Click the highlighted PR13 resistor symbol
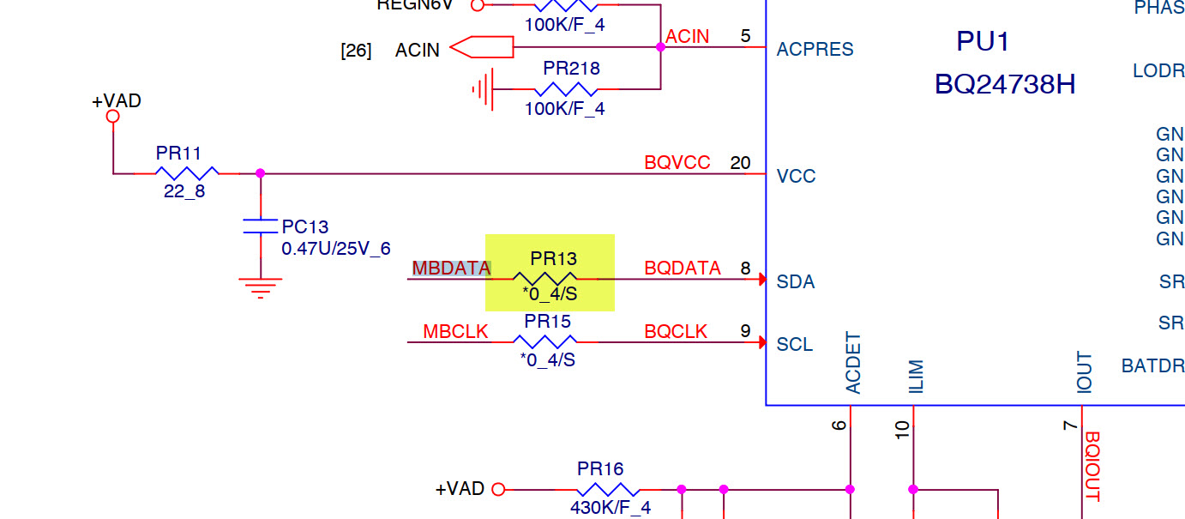click(x=544, y=279)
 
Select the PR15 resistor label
click(x=548, y=322)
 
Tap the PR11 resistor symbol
click(x=187, y=172)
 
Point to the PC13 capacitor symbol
click(x=261, y=226)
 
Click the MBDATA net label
click(x=451, y=269)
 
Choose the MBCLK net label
click(x=455, y=332)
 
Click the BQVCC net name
click(x=677, y=163)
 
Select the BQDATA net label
click(x=683, y=269)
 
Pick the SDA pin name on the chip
click(x=796, y=282)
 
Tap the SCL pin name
click(x=795, y=345)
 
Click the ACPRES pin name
click(x=815, y=50)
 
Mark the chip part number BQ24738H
click(x=1005, y=85)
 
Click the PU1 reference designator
click(x=983, y=41)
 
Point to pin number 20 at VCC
click(x=740, y=163)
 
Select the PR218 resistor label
click(x=571, y=68)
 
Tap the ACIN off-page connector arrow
click(x=480, y=47)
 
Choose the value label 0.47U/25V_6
click(x=336, y=249)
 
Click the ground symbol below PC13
click(x=261, y=287)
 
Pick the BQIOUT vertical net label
click(x=1092, y=466)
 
